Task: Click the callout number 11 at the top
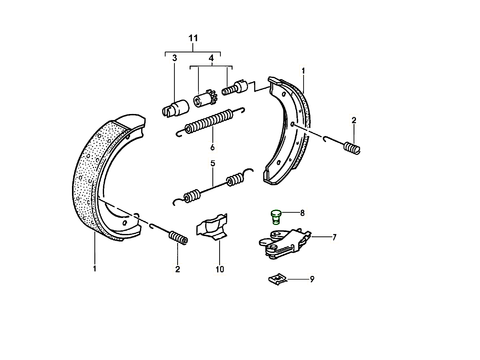[x=193, y=38]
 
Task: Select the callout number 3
[x=174, y=58]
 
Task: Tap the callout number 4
[x=211, y=58]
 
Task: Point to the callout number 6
[x=212, y=147]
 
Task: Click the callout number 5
[x=213, y=163]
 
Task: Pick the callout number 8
[x=302, y=213]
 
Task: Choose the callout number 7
[x=334, y=237]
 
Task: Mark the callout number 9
[x=312, y=279]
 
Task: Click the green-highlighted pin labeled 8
[x=275, y=216]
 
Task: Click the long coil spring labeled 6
[x=208, y=122]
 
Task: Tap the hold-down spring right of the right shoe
[x=352, y=147]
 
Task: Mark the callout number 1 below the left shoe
[x=94, y=268]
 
